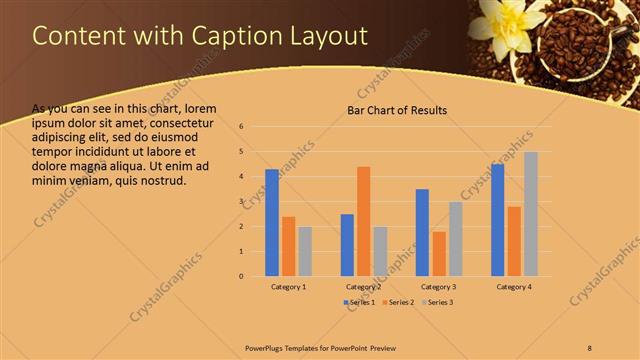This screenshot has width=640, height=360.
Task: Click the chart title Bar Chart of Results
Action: point(397,110)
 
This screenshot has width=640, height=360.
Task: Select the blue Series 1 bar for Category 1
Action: point(272,222)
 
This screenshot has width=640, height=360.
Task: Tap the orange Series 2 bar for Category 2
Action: point(363,221)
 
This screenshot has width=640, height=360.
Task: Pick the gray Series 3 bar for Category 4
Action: point(531,214)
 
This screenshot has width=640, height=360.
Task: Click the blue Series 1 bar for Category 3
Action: point(422,232)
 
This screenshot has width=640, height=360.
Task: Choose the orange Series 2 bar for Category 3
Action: point(439,254)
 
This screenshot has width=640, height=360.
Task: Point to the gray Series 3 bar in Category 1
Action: point(305,251)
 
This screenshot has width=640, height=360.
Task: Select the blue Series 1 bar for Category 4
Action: point(498,220)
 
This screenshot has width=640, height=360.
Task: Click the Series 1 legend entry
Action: point(360,301)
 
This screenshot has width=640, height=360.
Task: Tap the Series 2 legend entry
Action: point(398,301)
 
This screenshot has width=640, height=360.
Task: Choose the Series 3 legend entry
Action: point(436,301)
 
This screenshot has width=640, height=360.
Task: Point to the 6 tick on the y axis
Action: point(242,127)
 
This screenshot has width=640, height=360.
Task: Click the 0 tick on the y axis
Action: point(242,276)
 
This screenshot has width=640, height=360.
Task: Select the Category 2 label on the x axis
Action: point(363,287)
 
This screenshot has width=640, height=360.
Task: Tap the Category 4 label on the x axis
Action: point(514,287)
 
